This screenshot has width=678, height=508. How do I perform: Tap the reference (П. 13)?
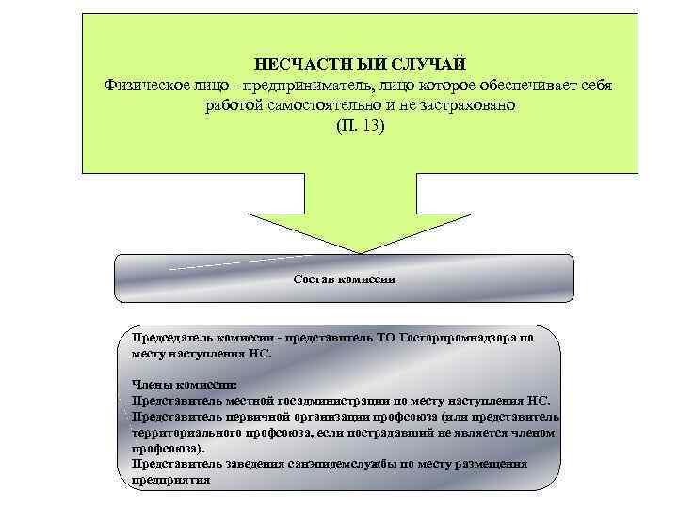(x=361, y=126)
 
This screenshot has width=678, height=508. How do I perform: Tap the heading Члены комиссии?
(x=185, y=385)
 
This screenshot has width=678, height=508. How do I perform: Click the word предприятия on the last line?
(x=170, y=479)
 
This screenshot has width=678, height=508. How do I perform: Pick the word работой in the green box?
(x=231, y=105)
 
